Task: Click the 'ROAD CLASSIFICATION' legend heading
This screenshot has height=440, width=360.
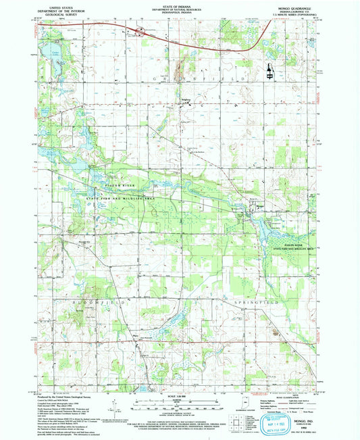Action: (x=280, y=399)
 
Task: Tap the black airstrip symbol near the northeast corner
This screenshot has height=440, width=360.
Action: (x=270, y=70)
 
